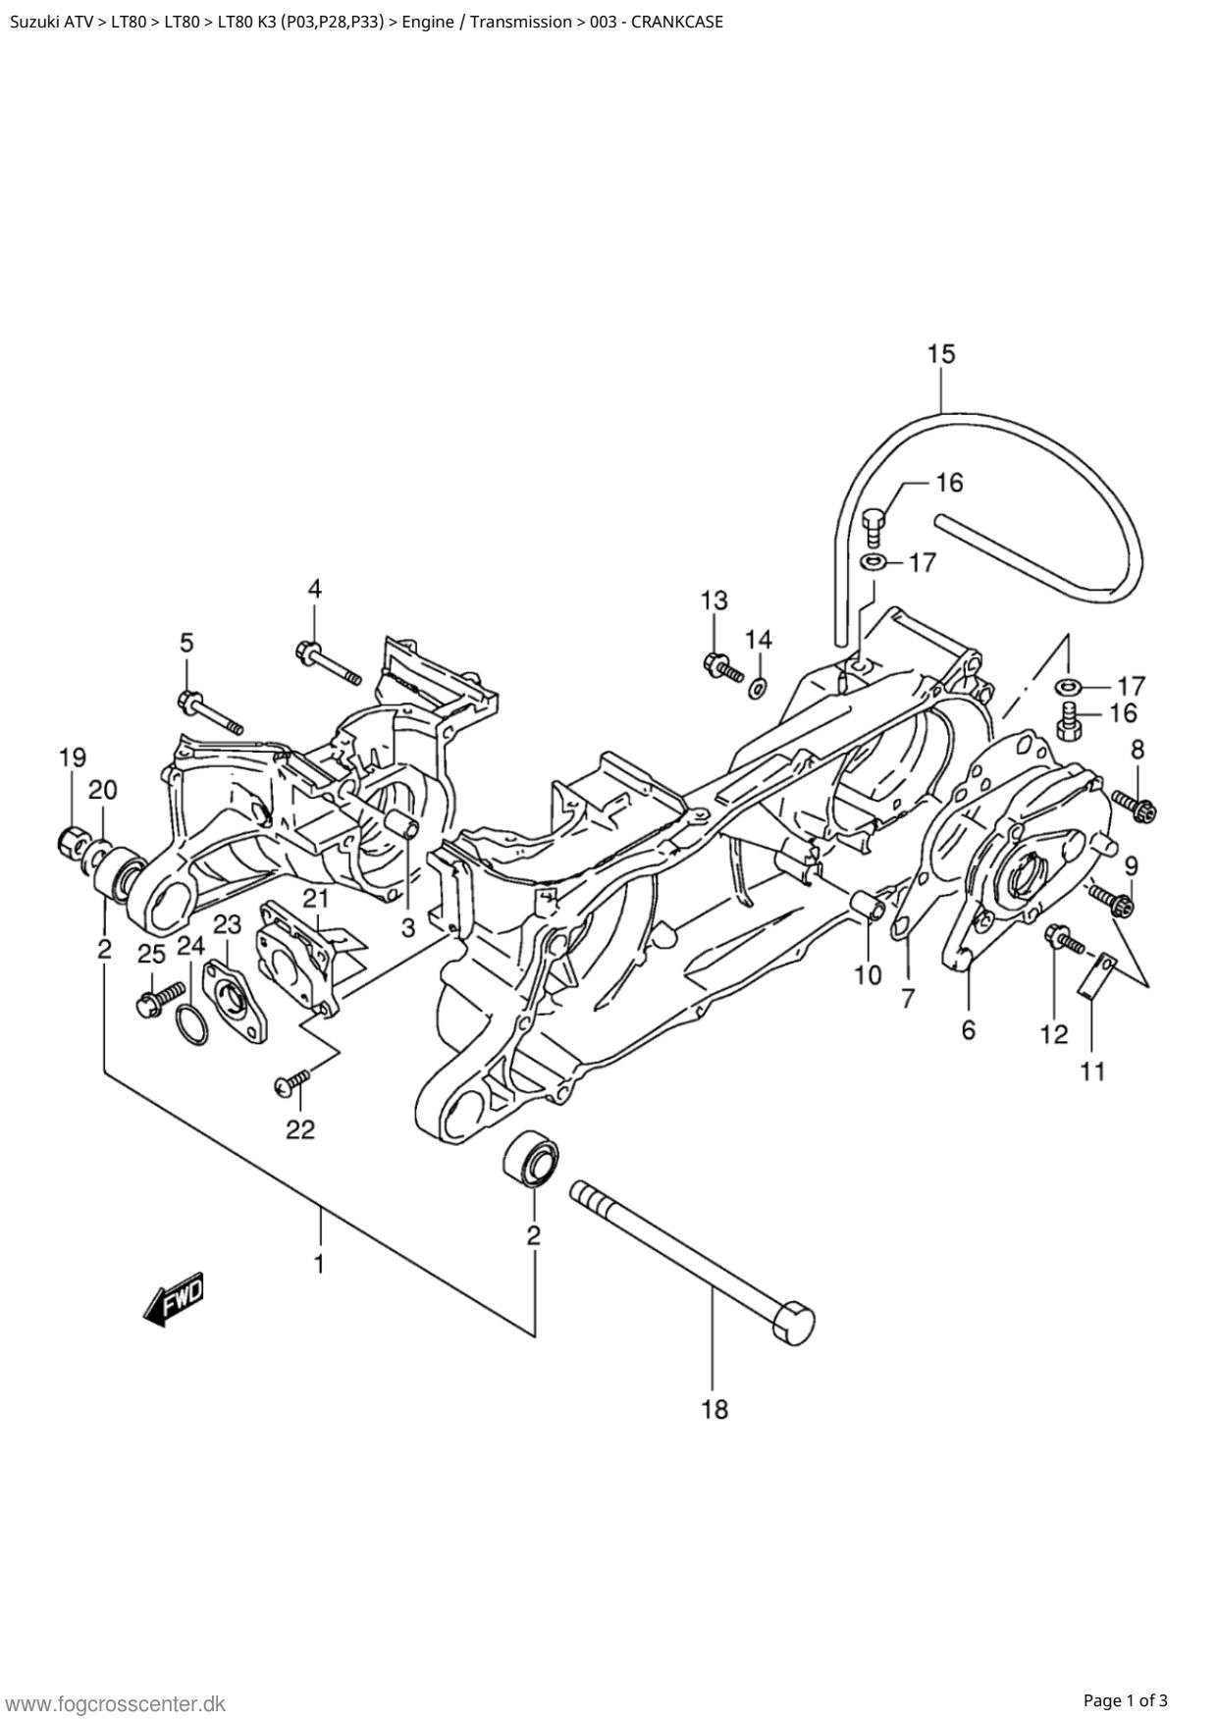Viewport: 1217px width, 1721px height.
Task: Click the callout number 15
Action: [x=941, y=353]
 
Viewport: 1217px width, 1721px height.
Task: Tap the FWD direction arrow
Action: [x=175, y=1300]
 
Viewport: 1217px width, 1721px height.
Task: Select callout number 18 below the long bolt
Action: [x=714, y=1410]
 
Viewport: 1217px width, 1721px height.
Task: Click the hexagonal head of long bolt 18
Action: [x=795, y=1321]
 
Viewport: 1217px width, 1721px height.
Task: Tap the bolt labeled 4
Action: [x=328, y=663]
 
